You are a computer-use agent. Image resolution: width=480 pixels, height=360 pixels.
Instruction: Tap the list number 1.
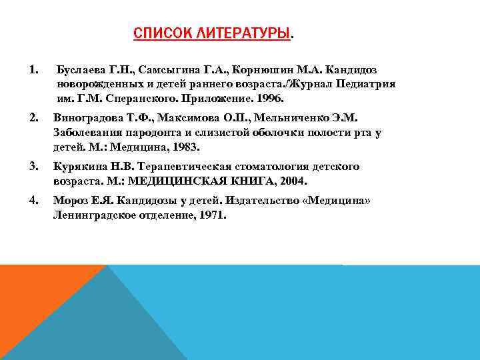coord(33,69)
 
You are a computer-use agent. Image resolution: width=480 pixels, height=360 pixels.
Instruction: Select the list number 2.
coord(33,117)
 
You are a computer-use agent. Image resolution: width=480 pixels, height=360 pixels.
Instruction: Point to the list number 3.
coord(33,166)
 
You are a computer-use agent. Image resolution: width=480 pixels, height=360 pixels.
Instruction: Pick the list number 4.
coord(33,200)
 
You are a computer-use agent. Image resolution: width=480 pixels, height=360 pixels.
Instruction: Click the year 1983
coord(185,147)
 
